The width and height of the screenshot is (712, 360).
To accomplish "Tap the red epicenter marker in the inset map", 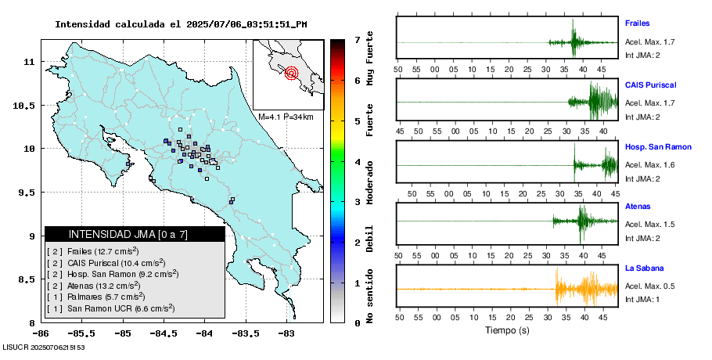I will click(x=292, y=74).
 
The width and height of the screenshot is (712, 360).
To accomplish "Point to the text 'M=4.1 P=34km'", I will click(x=286, y=117).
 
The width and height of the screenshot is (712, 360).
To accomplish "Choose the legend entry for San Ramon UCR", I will click(x=110, y=309).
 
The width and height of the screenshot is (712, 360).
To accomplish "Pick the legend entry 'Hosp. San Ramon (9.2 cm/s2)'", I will click(x=113, y=274).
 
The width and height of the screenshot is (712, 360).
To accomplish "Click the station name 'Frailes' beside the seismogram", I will click(x=637, y=23).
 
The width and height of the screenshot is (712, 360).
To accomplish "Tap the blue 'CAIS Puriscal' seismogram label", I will click(x=650, y=85).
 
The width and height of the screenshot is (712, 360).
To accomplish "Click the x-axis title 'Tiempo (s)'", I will click(x=507, y=330).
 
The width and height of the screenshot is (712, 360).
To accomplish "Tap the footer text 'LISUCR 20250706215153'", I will click(x=44, y=347).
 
